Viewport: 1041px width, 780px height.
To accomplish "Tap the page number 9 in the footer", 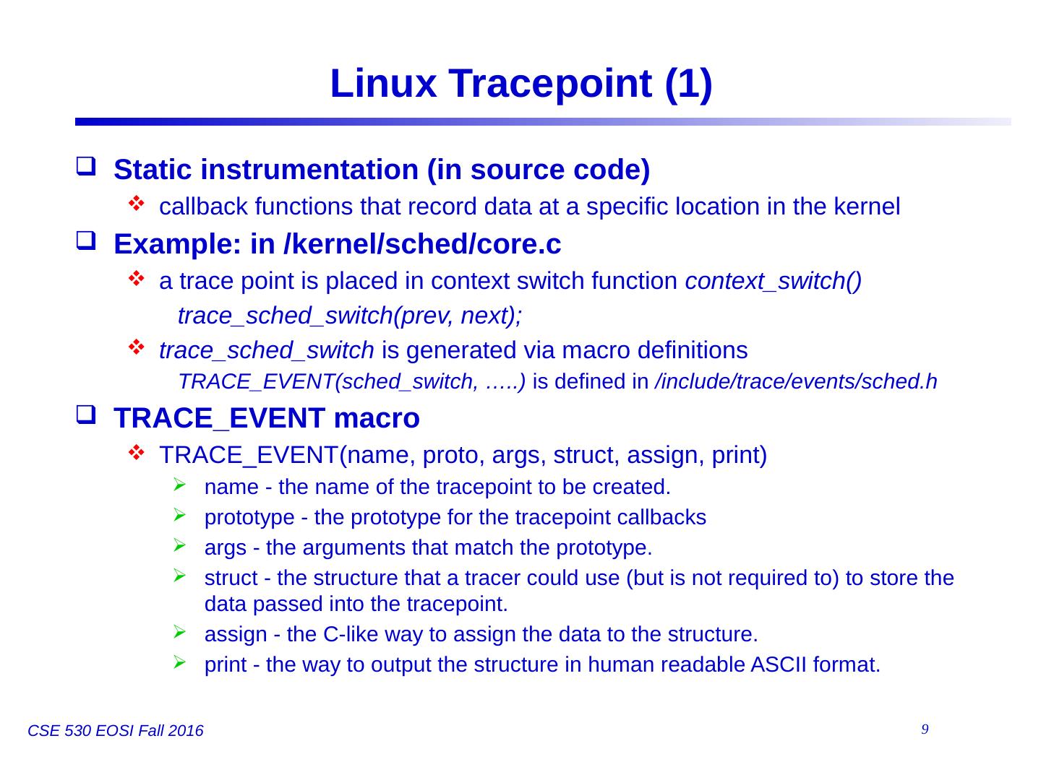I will click(925, 729).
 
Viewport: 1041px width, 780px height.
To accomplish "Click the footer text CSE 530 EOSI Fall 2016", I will click(115, 732).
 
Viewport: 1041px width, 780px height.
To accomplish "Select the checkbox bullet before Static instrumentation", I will click(85, 170).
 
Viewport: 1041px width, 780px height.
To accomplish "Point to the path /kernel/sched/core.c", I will click(423, 245).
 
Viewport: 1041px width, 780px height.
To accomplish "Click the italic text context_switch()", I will click(773, 281).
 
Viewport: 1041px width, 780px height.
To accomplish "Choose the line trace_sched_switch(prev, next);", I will click(350, 316).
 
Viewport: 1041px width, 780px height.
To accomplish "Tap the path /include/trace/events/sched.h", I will click(795, 381).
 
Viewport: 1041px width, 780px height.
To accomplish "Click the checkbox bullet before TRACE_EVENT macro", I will click(85, 417).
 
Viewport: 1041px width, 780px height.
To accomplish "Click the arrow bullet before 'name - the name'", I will click(179, 487).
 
